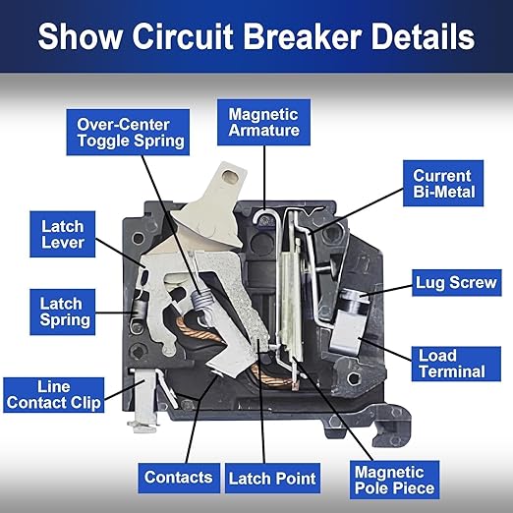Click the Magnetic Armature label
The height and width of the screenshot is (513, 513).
263,122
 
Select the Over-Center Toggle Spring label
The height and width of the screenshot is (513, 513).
131,132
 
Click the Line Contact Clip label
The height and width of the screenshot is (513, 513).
53,395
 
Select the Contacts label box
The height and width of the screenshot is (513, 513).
178,478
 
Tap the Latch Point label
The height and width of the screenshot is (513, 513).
272,479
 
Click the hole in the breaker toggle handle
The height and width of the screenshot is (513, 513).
232,178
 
